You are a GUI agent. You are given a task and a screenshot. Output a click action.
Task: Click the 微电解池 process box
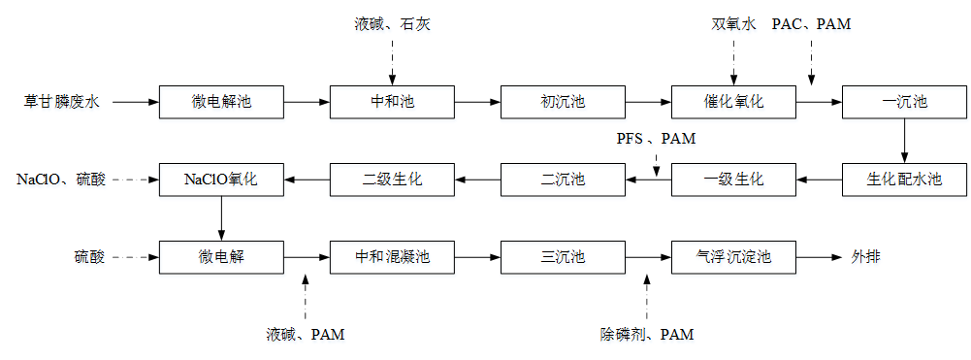coord(221,101)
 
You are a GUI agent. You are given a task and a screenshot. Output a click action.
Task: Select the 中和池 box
coord(392,101)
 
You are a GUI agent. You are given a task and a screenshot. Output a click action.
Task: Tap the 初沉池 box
coord(563,101)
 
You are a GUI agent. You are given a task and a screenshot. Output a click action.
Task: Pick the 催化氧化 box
coord(733,101)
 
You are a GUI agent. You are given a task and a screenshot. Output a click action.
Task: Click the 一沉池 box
coord(904,101)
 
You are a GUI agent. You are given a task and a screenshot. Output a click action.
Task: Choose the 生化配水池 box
coord(904,180)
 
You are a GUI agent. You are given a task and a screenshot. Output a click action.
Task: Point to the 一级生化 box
coord(733,180)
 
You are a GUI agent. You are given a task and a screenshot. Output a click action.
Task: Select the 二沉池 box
coord(563,180)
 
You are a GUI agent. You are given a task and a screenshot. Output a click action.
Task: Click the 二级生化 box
coord(392,180)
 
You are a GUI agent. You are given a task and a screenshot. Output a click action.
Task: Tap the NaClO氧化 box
coord(221,180)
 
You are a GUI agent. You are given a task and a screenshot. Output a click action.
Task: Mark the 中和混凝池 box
coord(392,258)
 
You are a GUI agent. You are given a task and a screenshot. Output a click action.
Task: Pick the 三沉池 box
coord(563,258)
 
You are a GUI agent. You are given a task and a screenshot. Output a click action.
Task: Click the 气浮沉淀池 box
coord(733,258)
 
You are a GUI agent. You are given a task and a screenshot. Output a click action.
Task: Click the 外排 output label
coord(866,258)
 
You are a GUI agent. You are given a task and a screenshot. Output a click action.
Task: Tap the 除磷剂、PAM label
coord(647,335)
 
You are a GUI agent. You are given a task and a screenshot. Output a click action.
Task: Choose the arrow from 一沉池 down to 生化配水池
coord(904,140)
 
